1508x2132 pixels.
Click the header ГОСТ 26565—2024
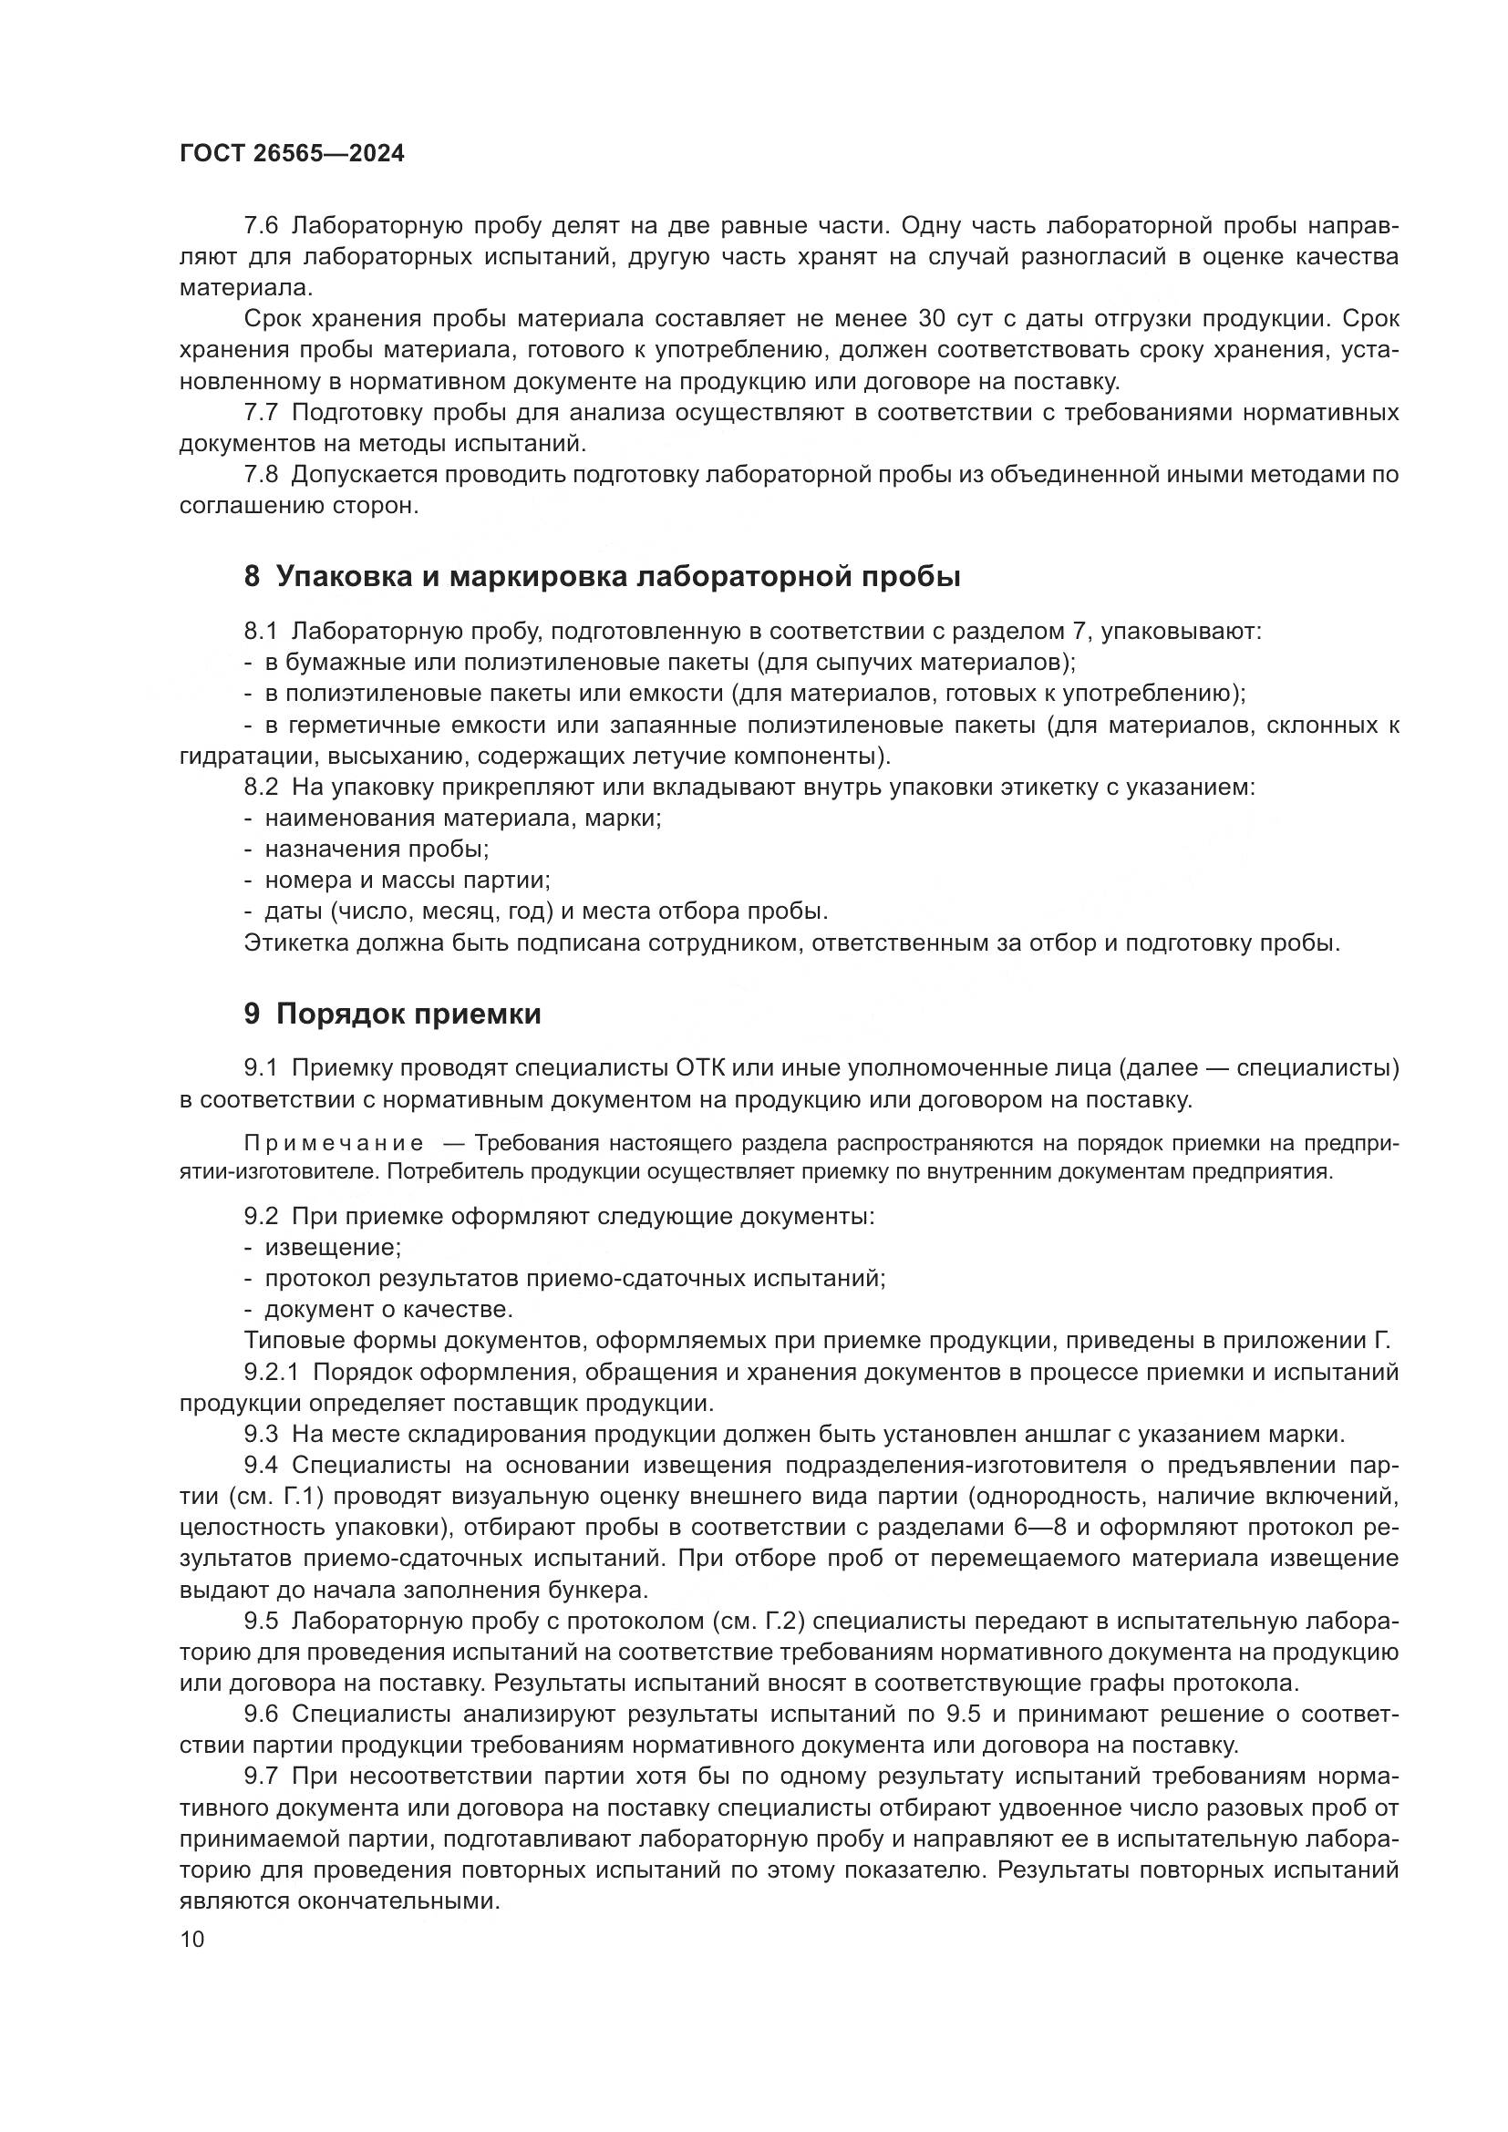coord(292,154)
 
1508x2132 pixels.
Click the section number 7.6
coord(261,226)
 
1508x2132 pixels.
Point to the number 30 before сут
coord(932,318)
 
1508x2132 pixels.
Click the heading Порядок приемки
coord(408,1014)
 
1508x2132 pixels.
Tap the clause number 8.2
coord(261,788)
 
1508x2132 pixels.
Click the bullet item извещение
coord(333,1247)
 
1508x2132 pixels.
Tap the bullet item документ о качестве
coord(388,1309)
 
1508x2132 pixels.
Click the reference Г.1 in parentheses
coord(309,1496)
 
